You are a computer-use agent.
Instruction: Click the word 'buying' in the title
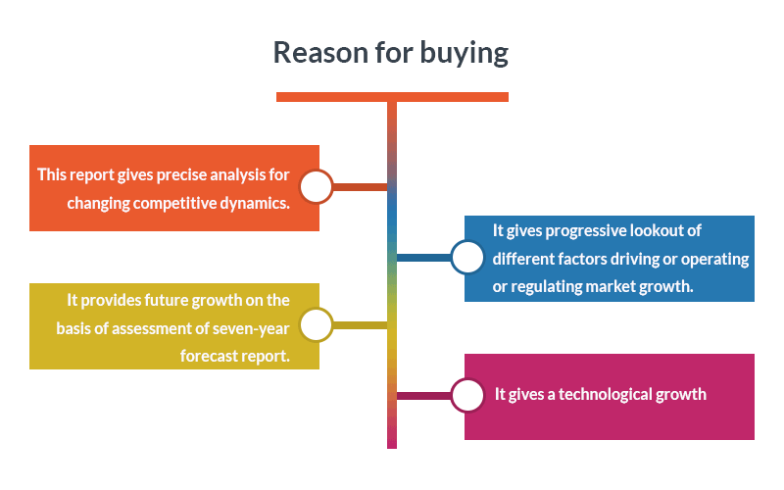click(x=464, y=54)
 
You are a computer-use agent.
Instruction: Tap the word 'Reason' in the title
click(x=320, y=52)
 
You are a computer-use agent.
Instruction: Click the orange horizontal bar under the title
click(x=393, y=97)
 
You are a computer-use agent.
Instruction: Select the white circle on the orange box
click(x=316, y=186)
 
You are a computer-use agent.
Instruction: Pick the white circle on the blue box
click(x=467, y=257)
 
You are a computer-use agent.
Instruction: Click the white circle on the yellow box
click(x=316, y=325)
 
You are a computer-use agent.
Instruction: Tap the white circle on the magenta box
click(x=467, y=396)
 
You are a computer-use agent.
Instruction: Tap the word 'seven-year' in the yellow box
click(x=251, y=328)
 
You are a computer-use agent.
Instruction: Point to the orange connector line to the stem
click(x=360, y=187)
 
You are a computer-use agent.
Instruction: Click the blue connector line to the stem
click(x=424, y=258)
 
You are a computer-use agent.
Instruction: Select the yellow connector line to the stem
click(x=360, y=325)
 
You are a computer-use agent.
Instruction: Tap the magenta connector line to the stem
click(x=424, y=396)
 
